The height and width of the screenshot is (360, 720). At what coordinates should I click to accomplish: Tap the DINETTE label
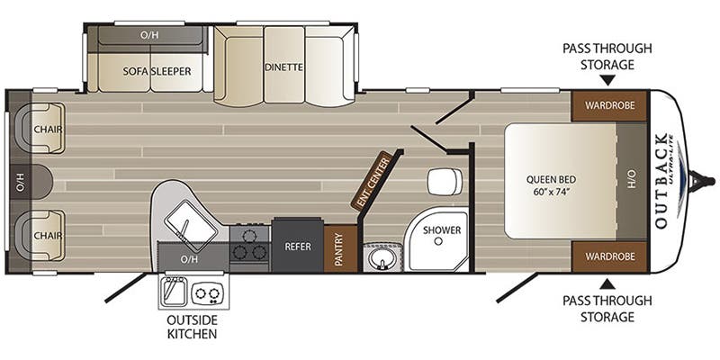pos(283,67)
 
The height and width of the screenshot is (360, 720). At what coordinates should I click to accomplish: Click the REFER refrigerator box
pos(298,244)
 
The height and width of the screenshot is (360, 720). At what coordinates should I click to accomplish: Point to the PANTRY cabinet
pos(339,247)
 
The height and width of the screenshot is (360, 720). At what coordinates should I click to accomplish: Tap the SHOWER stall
pos(442,235)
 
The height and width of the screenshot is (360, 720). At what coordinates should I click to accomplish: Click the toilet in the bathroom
pos(443,181)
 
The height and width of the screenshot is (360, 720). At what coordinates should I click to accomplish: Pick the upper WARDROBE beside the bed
pos(609,105)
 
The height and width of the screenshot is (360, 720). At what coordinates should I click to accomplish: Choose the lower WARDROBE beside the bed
pos(609,256)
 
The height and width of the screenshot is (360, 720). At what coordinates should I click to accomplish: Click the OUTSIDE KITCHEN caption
pos(192,326)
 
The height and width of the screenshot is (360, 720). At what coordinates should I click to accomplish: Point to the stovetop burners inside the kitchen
pos(249,244)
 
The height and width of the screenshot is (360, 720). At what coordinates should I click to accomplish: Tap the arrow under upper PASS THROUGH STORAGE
pos(607,81)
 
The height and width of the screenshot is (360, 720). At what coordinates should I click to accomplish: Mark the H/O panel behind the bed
pos(631,180)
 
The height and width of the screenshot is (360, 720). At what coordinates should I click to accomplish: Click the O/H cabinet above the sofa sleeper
pos(149,36)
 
